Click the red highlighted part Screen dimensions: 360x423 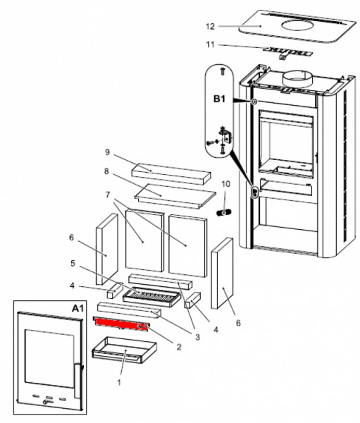coord(120,323)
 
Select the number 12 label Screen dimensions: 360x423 coord(210,27)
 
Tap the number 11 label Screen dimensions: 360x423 coord(211,44)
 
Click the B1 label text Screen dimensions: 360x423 coord(219,99)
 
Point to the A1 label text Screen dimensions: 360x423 coord(78,308)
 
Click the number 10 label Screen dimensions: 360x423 coord(225,184)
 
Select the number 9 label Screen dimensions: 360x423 coord(108,152)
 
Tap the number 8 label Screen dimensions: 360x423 coord(106,171)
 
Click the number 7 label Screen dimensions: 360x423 coord(108,195)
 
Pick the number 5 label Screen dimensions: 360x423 coord(73,263)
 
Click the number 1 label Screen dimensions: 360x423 coord(118,382)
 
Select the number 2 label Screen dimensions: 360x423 coord(179,347)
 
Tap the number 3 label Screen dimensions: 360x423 coord(198,337)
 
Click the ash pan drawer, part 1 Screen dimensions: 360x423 coord(124,350)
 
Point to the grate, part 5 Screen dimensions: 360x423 coord(151,298)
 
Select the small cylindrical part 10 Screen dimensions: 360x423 coord(224,212)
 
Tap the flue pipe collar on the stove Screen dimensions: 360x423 coord(297,78)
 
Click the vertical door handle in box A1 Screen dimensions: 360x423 coord(77,381)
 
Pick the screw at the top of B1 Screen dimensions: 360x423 coord(223,71)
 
